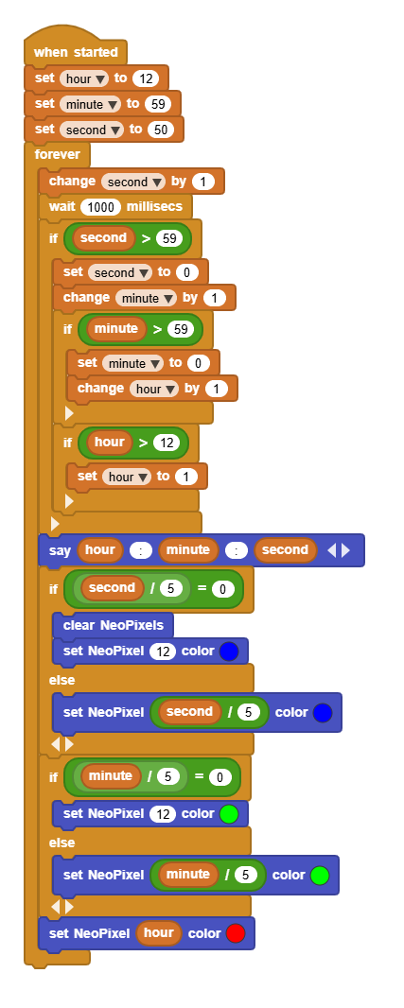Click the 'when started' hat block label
point(76,52)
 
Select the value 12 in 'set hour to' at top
point(145,78)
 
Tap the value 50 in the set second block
point(160,130)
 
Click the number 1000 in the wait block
point(101,207)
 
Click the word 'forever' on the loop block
point(58,154)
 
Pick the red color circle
point(236,933)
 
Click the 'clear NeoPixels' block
point(114,625)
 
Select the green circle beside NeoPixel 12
point(229,814)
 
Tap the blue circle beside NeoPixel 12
point(229,652)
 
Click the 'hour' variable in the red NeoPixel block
point(158,932)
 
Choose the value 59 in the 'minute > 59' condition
point(180,330)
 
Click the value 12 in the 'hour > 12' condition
point(166,443)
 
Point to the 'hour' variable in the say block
point(99,549)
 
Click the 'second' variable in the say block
point(285,549)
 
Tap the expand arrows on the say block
point(339,550)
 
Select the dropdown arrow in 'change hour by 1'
point(171,389)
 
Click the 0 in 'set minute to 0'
point(198,363)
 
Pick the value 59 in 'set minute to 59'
point(158,104)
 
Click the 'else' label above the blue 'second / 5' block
point(61,680)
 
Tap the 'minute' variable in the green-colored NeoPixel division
point(188,875)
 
